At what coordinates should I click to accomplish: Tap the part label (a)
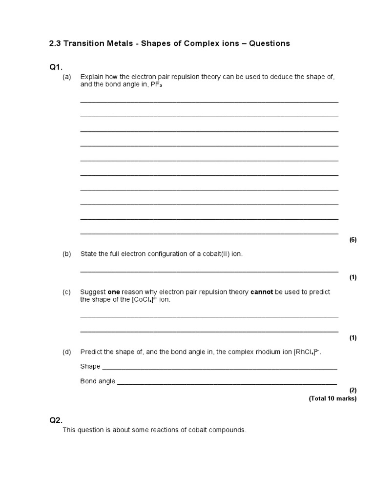[67, 77]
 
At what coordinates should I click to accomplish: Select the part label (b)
[67, 254]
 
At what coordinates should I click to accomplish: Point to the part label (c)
[67, 292]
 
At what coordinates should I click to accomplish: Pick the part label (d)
[67, 352]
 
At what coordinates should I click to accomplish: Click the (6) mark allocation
[353, 240]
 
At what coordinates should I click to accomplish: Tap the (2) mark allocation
[353, 390]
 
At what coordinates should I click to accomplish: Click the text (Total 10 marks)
[333, 398]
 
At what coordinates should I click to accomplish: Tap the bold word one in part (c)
[114, 292]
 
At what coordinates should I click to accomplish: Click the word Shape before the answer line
[90, 366]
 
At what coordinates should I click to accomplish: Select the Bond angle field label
[98, 381]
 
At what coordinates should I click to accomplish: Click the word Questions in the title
[270, 43]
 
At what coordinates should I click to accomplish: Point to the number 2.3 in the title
[55, 43]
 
